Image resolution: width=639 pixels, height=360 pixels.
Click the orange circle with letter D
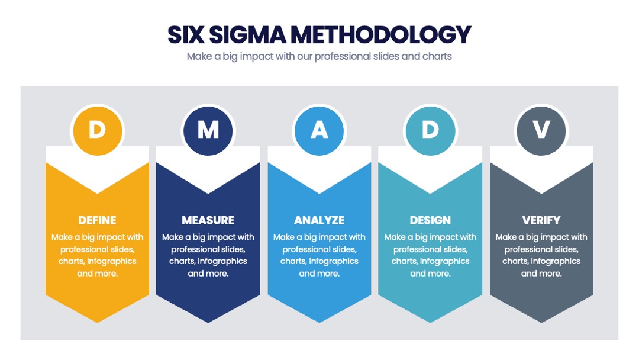[x=98, y=131]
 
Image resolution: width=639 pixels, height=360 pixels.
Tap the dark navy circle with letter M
[x=208, y=131]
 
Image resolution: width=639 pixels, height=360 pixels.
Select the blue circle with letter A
[x=319, y=131]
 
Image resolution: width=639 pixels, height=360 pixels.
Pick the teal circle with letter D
[x=430, y=131]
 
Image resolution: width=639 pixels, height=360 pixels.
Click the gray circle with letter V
[x=541, y=131]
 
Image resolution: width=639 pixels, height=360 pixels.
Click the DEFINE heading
[x=98, y=221]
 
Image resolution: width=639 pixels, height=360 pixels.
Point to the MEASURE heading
[x=208, y=221]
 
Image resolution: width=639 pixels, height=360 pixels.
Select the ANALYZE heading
[x=319, y=221]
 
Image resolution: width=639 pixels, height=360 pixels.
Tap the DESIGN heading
[x=430, y=221]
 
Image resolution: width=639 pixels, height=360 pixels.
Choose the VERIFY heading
[x=541, y=221]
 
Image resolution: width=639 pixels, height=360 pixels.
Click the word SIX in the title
[x=186, y=35]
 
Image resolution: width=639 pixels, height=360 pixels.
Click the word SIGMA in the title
[x=248, y=35]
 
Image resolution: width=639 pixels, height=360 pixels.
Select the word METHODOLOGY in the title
[x=381, y=35]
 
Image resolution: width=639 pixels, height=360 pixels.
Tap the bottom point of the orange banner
[x=98, y=323]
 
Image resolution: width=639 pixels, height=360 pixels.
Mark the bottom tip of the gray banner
[x=541, y=323]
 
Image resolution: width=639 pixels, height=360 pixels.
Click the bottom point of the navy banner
[x=208, y=323]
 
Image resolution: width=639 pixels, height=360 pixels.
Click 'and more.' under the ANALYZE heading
[x=319, y=274]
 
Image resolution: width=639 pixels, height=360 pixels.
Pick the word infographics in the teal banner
[x=444, y=261]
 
